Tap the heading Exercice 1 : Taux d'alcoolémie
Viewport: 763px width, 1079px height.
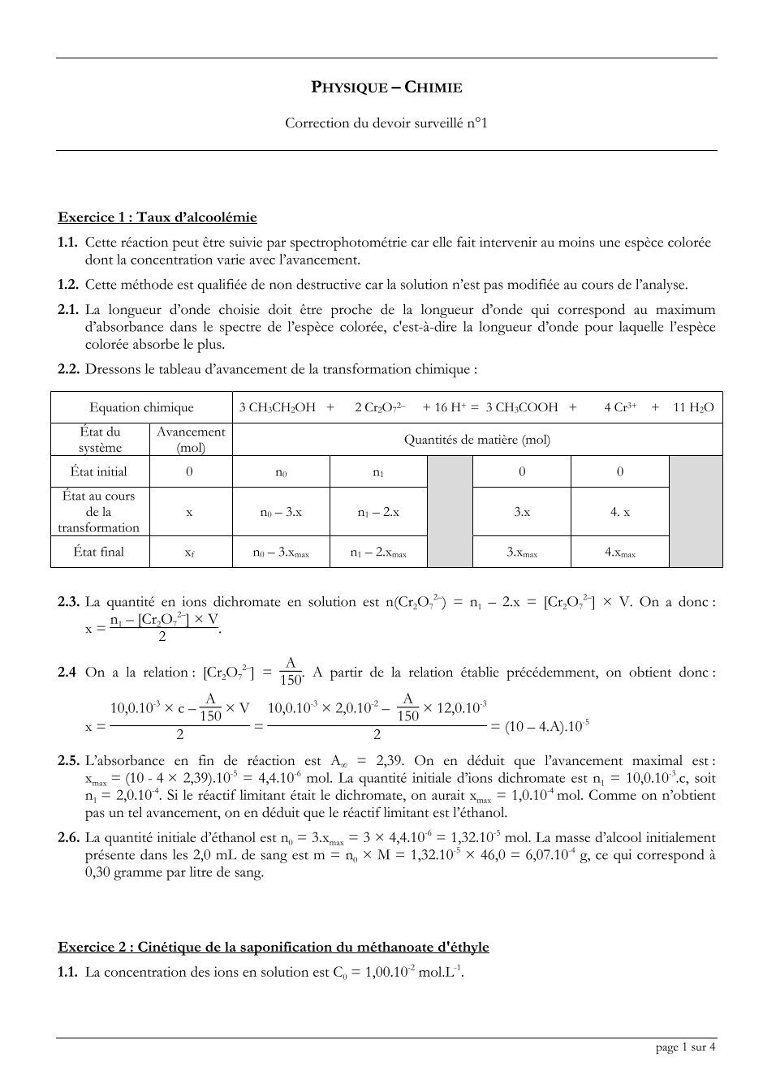(157, 217)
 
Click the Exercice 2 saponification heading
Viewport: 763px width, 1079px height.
(274, 947)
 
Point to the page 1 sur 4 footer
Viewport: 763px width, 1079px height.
(685, 1047)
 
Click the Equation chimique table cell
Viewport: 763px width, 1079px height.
(141, 407)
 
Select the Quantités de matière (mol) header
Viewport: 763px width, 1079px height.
(476, 440)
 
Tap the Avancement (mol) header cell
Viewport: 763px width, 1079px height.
(190, 440)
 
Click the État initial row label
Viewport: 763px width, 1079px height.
(99, 471)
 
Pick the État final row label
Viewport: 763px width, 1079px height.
(99, 552)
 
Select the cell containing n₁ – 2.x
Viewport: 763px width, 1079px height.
(377, 512)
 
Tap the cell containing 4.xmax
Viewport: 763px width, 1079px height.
(619, 552)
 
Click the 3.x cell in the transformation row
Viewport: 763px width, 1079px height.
(522, 512)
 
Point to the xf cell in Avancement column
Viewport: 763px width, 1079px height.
(190, 552)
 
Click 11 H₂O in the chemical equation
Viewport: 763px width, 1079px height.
(693, 407)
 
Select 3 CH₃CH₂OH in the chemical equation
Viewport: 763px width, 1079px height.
(277, 407)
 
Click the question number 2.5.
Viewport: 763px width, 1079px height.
(68, 761)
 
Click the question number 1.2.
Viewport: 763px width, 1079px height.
(68, 285)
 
